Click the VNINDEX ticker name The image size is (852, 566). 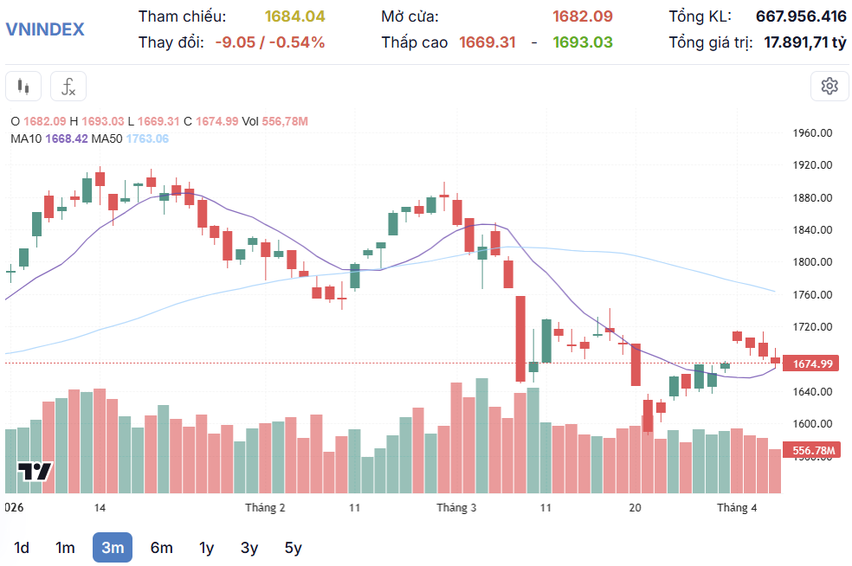[45, 29]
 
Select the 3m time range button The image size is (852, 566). [113, 548]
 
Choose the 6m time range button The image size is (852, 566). [161, 548]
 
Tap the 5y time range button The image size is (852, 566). [293, 548]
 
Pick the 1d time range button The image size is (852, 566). [22, 548]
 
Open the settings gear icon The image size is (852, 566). [829, 86]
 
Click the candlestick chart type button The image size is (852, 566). [23, 87]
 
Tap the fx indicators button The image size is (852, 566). [68, 87]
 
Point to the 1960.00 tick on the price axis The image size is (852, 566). [812, 133]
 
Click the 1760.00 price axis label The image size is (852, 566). [812, 295]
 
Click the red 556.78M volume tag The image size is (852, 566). [812, 451]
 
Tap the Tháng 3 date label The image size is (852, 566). [456, 508]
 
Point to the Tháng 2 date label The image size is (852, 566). [265, 508]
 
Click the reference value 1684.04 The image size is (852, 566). [294, 16]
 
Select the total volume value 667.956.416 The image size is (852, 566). [801, 16]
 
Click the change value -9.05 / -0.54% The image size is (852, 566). [270, 42]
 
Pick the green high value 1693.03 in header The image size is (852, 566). [583, 42]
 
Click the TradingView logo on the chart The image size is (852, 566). [35, 472]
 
